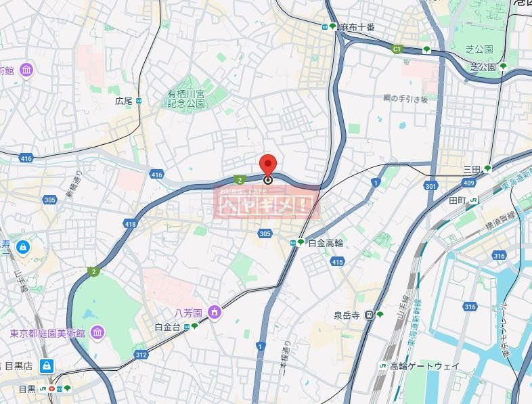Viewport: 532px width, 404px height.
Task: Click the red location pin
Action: [268, 166]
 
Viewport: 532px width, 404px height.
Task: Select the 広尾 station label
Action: [123, 101]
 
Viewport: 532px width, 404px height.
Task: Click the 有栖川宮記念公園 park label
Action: [186, 99]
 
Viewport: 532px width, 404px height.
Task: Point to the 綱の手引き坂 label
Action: [405, 99]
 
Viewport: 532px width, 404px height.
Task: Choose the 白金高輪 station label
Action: [326, 242]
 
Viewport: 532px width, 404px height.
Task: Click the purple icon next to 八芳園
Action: [215, 313]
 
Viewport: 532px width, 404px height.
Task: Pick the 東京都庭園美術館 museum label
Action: [47, 334]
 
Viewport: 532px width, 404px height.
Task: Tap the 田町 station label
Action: [458, 200]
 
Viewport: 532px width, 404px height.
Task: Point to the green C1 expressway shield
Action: [397, 49]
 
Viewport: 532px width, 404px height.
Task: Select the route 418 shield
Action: [131, 223]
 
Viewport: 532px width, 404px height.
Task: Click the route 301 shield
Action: [430, 185]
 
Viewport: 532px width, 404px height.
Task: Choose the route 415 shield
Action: [337, 261]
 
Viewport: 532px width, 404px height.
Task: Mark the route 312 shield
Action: [141, 355]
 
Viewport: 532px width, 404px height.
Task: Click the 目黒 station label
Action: [27, 389]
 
